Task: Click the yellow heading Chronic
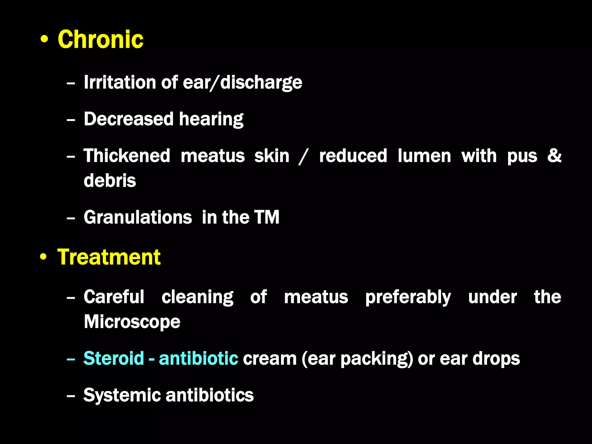101,40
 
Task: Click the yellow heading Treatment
109,257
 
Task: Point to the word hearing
211,119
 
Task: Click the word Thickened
127,156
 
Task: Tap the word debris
110,181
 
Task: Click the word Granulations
138,217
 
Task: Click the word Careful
114,297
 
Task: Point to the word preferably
408,297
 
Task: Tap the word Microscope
132,322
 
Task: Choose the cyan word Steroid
114,358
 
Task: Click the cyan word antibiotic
199,358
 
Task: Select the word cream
270,359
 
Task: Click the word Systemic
122,395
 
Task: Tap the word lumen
424,156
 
